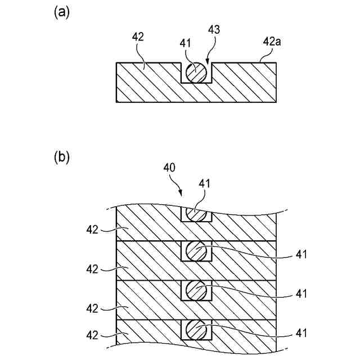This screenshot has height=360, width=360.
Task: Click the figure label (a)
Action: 61,13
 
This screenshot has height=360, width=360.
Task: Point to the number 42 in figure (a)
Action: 138,37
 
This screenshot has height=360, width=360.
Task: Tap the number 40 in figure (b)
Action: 169,167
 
